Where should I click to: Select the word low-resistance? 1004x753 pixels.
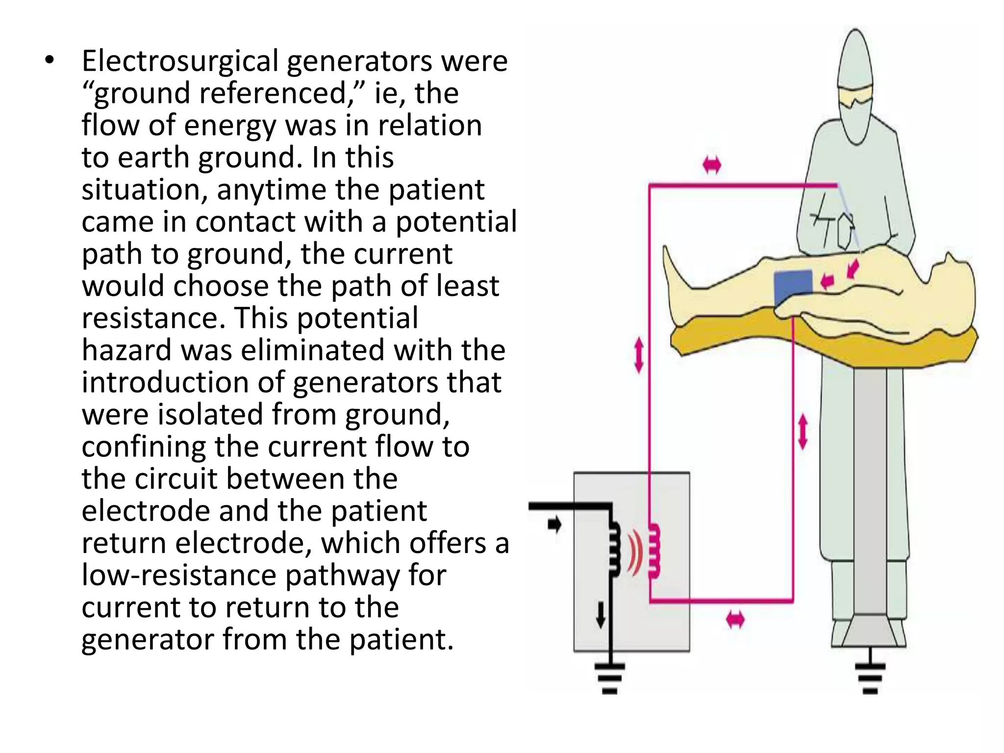[179, 575]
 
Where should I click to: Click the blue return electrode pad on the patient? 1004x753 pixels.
[793, 287]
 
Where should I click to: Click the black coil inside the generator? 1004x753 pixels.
[614, 549]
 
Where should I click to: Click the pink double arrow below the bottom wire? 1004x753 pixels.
[735, 620]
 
